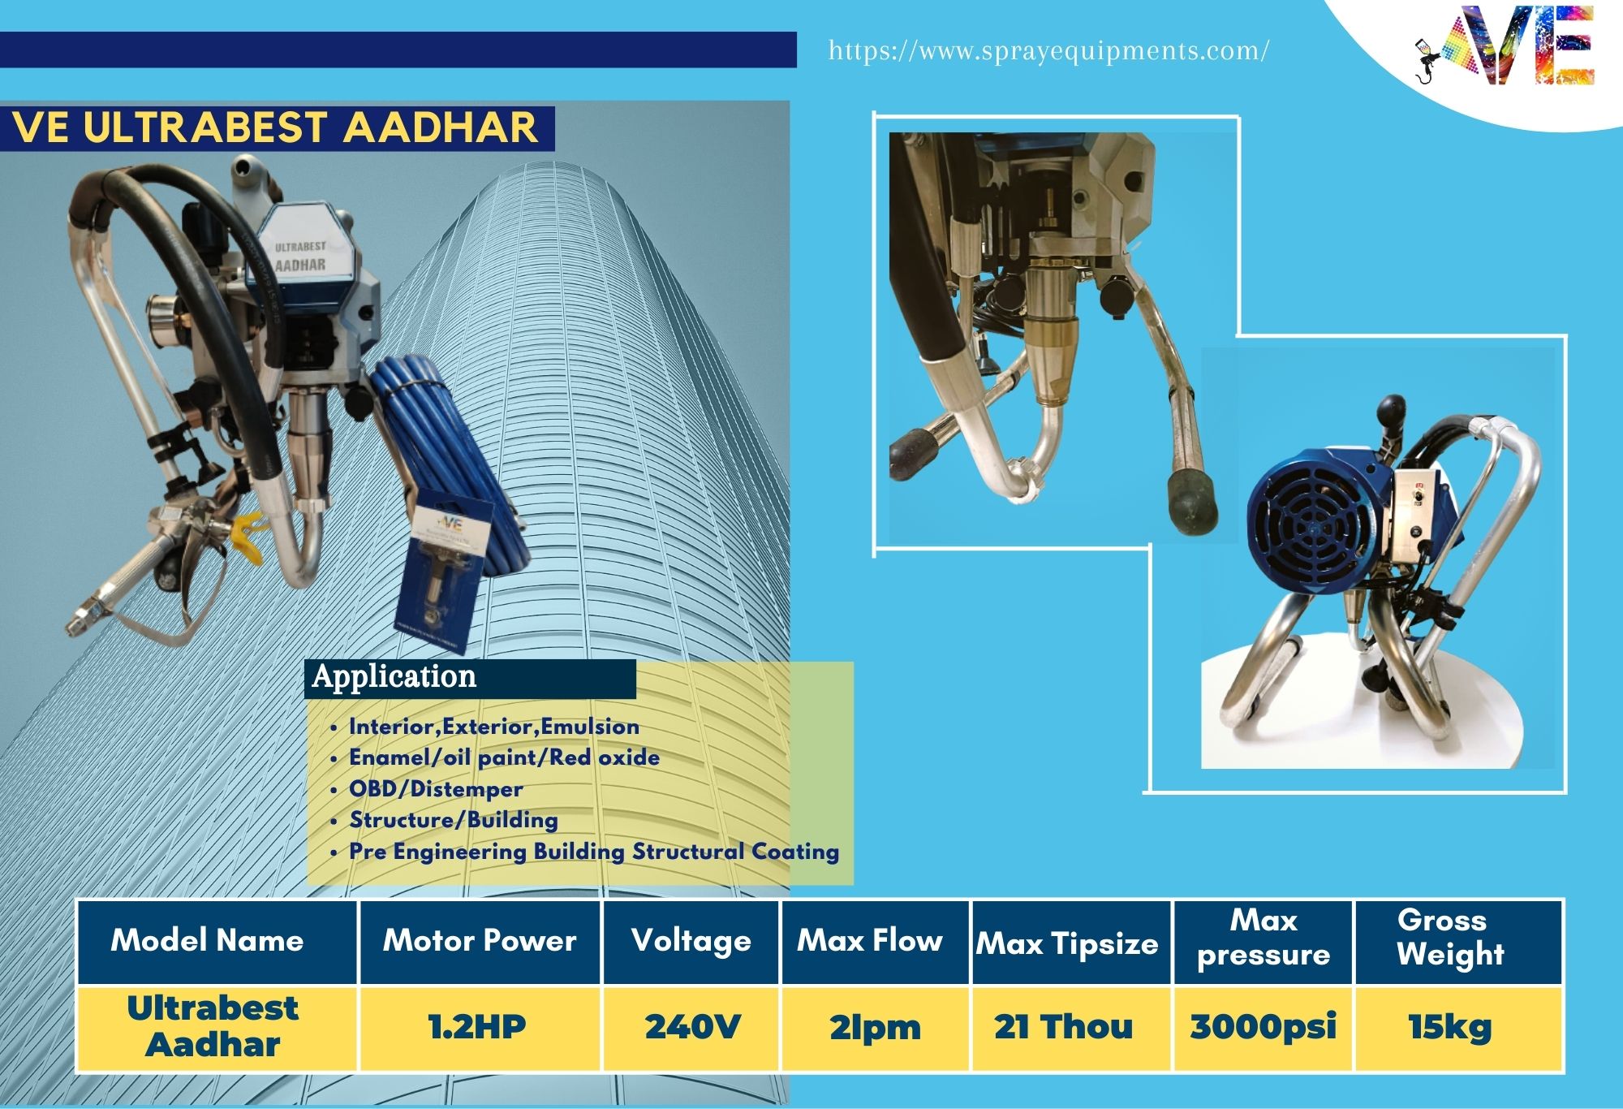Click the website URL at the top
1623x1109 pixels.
[x=1048, y=51]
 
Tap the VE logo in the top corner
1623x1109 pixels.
[x=1505, y=45]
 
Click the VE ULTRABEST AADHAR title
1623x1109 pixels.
[x=275, y=127]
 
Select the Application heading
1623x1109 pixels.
[x=394, y=676]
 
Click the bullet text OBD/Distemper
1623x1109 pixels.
[x=436, y=789]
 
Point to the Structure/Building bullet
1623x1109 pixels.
[x=454, y=820]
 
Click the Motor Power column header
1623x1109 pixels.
[x=480, y=940]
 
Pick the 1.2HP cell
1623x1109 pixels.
[x=477, y=1027]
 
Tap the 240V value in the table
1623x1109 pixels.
[x=692, y=1027]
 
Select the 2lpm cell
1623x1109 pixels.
[x=875, y=1028]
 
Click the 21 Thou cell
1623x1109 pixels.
[x=1063, y=1027]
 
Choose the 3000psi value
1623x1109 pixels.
[x=1263, y=1028]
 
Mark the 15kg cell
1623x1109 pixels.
[x=1450, y=1028]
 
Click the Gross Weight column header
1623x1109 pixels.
[x=1450, y=937]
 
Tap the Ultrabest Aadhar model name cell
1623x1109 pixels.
[x=213, y=1026]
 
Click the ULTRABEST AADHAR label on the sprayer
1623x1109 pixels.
[x=299, y=256]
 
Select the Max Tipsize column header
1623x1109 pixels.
[x=1067, y=943]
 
